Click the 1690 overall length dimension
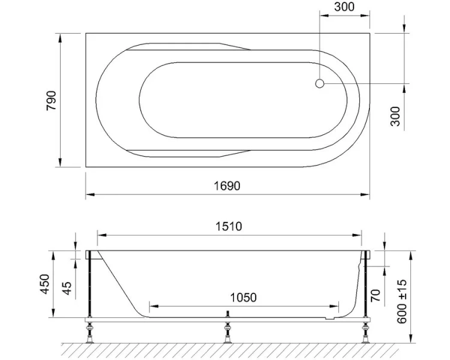coord(227,186)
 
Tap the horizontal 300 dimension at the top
coord(344,8)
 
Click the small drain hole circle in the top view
coord(320,84)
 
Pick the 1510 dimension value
coord(228,226)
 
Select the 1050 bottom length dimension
coord(242,298)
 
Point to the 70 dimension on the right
coord(376,295)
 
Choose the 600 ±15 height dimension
coord(402,301)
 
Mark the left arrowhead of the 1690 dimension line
coord(89,194)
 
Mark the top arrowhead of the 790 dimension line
coord(60,37)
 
